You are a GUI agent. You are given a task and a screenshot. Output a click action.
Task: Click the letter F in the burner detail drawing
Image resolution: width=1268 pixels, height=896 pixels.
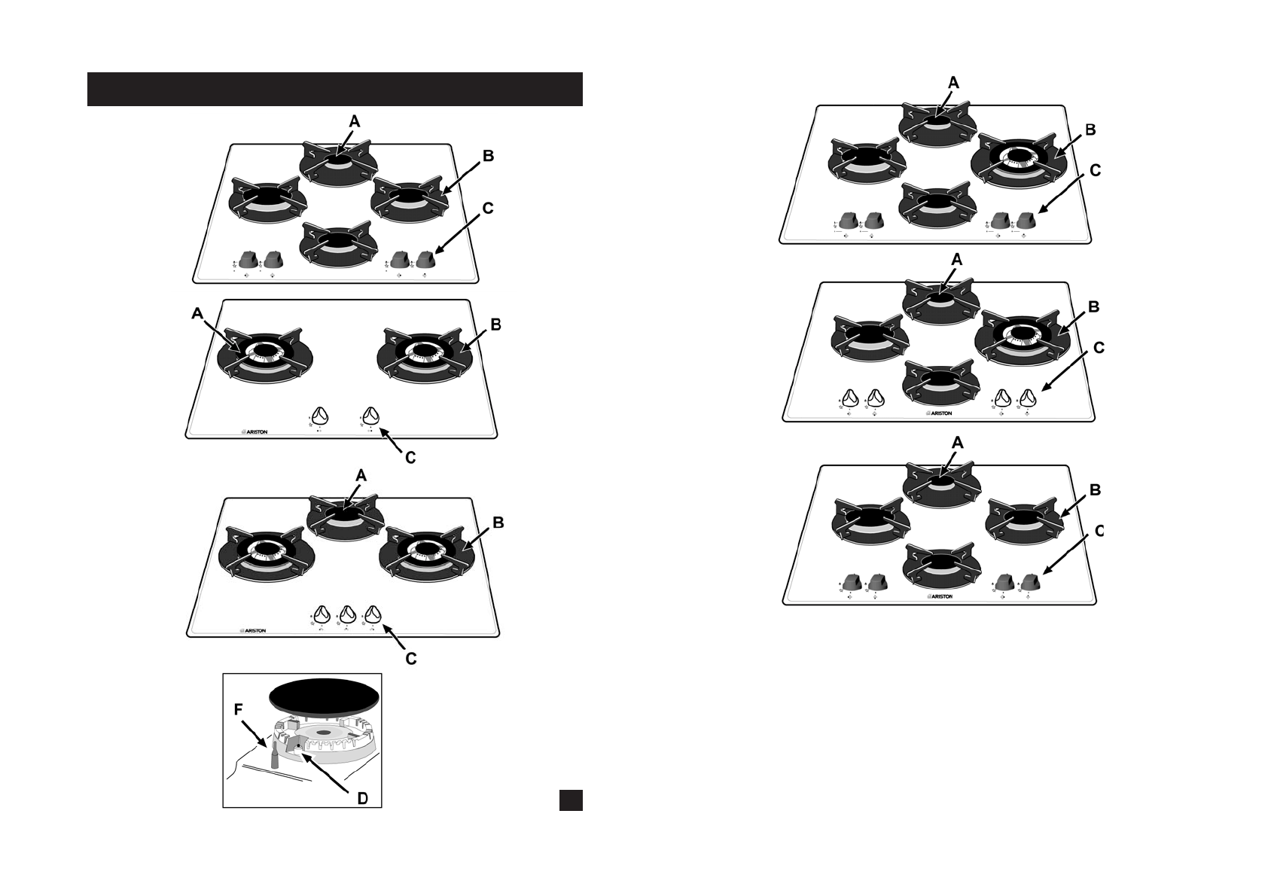click(238, 709)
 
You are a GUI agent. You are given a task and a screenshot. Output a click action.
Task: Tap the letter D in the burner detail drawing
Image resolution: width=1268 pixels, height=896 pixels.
click(361, 798)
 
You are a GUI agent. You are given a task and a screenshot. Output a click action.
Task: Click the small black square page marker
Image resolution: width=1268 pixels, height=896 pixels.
click(571, 800)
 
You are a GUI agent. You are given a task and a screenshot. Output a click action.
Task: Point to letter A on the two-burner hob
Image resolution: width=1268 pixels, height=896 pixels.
click(197, 315)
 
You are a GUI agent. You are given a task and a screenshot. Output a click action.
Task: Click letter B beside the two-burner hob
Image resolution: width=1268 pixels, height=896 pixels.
click(495, 325)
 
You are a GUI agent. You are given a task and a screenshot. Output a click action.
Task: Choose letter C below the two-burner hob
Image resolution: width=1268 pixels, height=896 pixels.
click(410, 457)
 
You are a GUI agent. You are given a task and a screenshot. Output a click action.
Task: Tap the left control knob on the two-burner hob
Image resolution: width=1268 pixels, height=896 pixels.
click(320, 416)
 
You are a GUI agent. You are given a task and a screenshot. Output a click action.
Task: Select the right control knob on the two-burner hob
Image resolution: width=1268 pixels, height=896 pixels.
click(370, 416)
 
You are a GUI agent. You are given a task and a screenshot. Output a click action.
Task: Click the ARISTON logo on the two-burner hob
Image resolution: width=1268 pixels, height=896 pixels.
click(254, 432)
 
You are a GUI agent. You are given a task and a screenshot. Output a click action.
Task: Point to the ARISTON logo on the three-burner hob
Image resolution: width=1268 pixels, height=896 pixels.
click(253, 631)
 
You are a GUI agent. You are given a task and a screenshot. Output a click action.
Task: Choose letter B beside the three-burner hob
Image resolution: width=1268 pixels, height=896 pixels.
click(498, 523)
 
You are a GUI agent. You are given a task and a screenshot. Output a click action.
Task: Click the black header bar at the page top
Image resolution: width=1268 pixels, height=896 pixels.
click(335, 89)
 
